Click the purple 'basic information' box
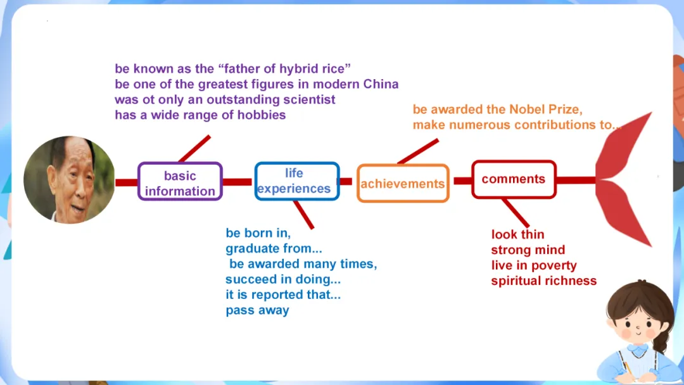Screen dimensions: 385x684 (180, 182)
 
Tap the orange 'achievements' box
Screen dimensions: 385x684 (403, 184)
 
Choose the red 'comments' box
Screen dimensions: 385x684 (514, 179)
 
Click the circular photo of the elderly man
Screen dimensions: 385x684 (69, 180)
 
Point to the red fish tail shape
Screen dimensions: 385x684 (624, 180)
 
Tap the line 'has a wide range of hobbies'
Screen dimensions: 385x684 (200, 115)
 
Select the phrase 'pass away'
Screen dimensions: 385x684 (257, 310)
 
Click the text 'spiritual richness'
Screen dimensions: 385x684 (543, 281)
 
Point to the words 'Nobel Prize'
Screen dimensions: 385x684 (557, 110)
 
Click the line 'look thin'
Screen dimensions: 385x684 (517, 234)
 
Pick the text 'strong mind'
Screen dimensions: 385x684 (528, 250)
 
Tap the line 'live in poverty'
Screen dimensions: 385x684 (534, 265)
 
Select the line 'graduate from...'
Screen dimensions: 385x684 (274, 249)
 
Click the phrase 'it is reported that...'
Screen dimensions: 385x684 (283, 295)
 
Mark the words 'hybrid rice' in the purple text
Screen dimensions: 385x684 (311, 68)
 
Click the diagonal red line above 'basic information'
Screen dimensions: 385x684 (194, 149)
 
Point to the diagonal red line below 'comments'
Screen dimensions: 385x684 (515, 212)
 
